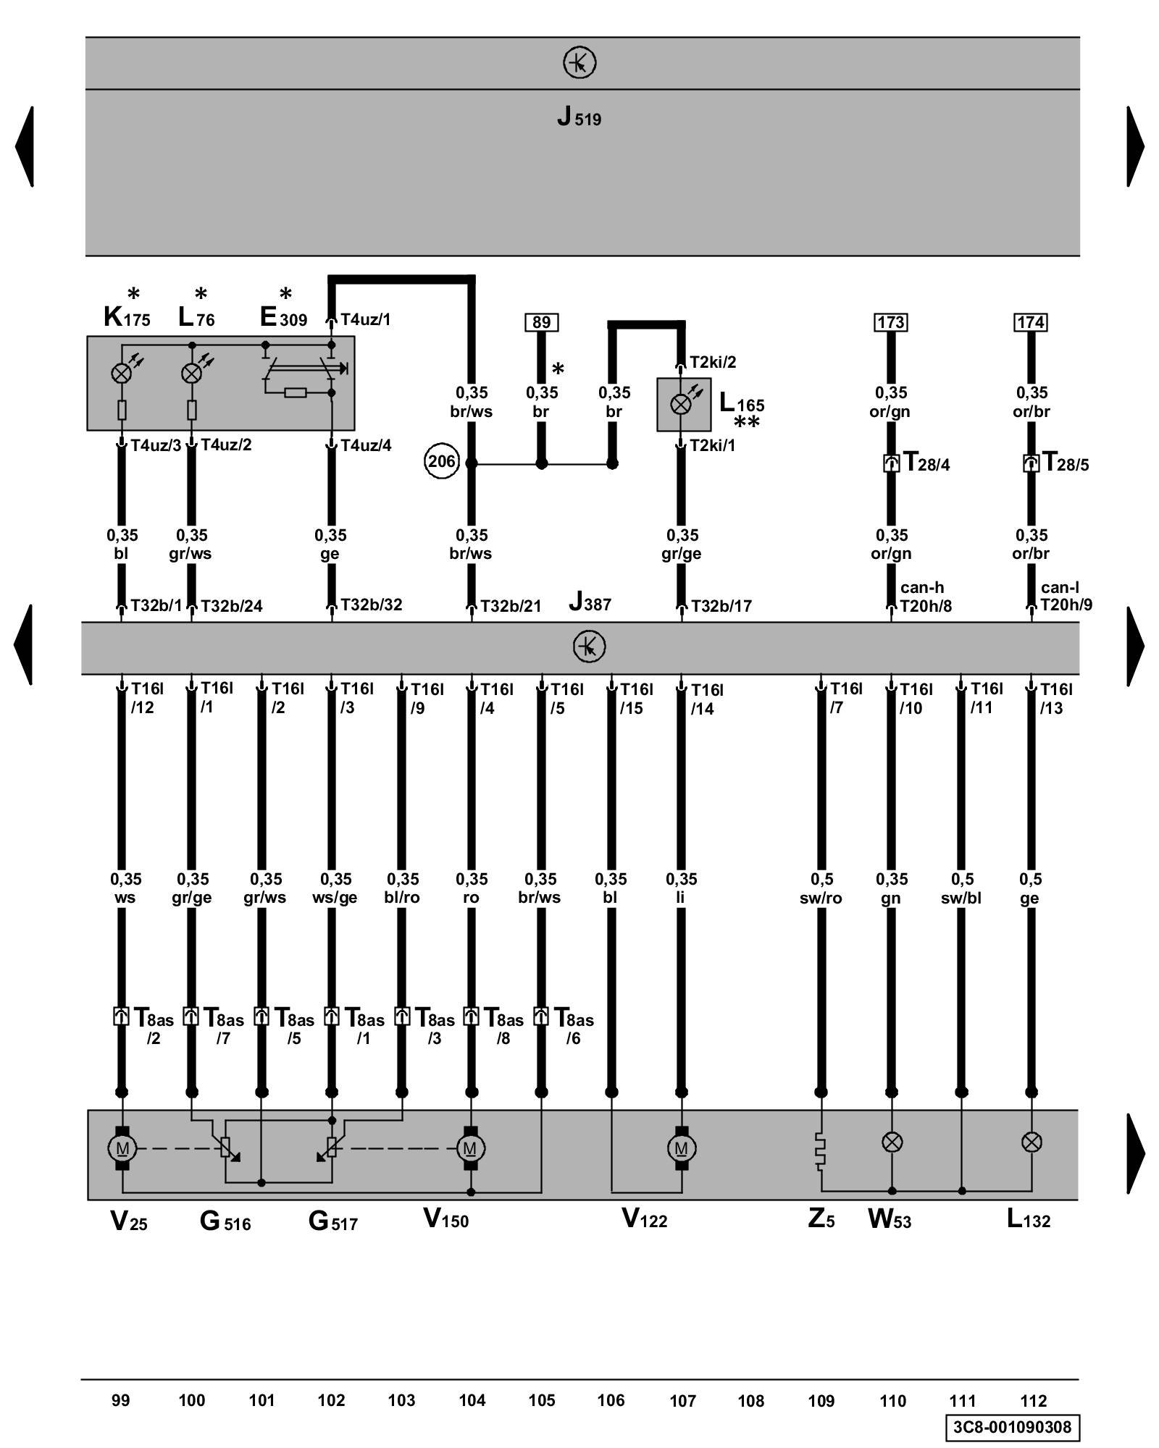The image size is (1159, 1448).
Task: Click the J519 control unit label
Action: (579, 117)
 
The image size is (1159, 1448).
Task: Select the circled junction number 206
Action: (441, 461)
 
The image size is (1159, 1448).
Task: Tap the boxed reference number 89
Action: (541, 322)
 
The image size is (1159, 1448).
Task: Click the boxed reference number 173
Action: (890, 322)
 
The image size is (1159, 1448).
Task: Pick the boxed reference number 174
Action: (1030, 322)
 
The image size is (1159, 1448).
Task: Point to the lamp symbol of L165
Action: (680, 404)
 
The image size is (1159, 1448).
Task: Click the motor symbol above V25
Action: (122, 1148)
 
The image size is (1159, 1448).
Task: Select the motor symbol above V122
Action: (681, 1148)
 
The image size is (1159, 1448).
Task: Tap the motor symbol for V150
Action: (471, 1148)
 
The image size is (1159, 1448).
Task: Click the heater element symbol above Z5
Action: (821, 1151)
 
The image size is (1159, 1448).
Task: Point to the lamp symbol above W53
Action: (891, 1142)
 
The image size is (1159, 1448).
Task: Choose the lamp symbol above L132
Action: (1031, 1142)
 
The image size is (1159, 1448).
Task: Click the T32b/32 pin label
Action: (371, 605)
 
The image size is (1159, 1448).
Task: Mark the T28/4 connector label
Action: (926, 463)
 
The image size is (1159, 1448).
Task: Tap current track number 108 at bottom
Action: (750, 1401)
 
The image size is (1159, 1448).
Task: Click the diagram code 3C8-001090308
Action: (1012, 1427)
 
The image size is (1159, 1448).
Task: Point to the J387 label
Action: (590, 602)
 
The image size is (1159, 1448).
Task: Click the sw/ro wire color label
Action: (821, 898)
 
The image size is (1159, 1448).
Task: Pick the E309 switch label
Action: (283, 318)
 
